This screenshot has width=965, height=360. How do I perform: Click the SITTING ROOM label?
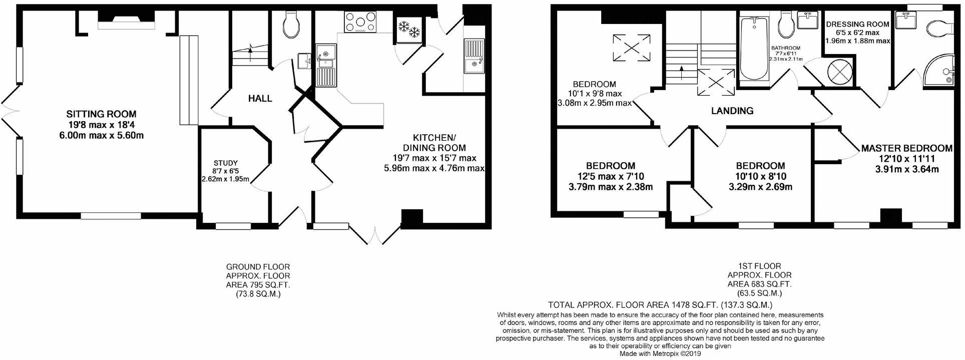pos(102,115)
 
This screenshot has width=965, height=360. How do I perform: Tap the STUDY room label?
pos(225,163)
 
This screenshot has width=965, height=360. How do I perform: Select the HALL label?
pos(260,99)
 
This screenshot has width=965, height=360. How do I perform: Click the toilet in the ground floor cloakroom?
pos(290,25)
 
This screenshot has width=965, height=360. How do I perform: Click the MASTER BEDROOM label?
pos(906,148)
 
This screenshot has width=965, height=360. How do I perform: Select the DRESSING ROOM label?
pos(857,24)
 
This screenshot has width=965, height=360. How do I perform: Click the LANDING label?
pos(732,111)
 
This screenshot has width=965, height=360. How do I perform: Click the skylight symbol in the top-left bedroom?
pos(631,47)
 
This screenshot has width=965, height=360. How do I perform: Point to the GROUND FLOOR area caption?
pos(258,280)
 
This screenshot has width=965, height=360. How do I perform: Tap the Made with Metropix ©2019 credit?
pos(660,353)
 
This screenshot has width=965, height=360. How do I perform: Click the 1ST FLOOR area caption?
pos(759,279)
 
